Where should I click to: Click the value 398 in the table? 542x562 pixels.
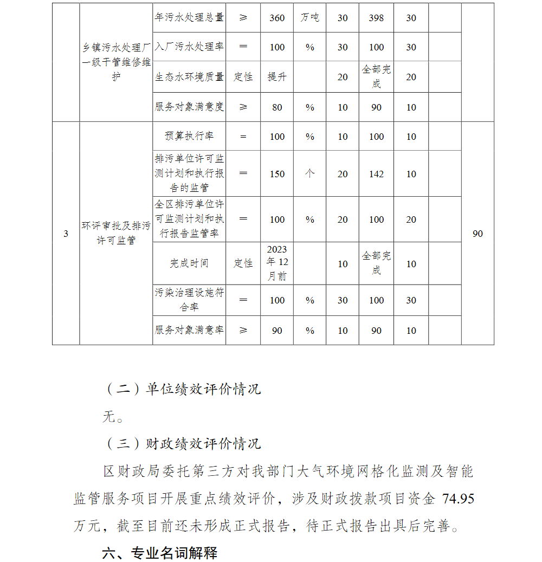coord(376,18)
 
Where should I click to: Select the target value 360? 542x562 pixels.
coord(277,18)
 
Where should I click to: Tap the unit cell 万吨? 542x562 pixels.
coord(309,18)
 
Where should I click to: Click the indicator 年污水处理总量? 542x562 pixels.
coord(189,18)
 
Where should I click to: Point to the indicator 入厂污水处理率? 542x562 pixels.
coord(189,47)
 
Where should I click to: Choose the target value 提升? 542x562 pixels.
coord(277,77)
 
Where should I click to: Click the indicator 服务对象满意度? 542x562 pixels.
coord(189,107)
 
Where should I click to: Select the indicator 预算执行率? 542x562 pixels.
coord(189,137)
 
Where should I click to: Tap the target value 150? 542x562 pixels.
coord(277,174)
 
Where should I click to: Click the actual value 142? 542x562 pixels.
coord(376,174)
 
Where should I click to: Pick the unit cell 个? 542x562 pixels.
coord(309,174)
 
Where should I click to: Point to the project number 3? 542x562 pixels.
coord(66,234)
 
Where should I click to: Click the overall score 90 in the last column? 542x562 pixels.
coord(478,234)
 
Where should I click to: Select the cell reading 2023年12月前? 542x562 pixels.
coord(277,263)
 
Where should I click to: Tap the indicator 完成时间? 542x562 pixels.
coord(189,263)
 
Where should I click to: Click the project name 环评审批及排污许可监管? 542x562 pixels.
coord(116,233)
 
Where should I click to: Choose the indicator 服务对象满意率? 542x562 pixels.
coord(189,331)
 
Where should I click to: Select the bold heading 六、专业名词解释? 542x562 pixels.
coord(160,553)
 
